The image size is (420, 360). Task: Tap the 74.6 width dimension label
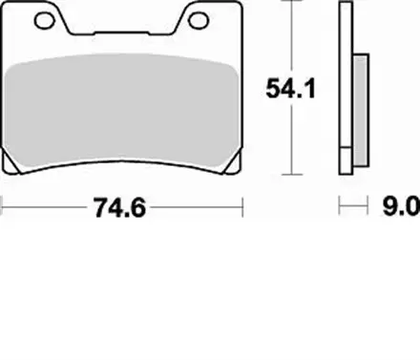(x=124, y=204)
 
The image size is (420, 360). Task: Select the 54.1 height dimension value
(x=289, y=91)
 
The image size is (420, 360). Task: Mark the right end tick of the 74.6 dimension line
(x=244, y=204)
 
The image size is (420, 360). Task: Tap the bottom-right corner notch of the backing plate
(x=235, y=172)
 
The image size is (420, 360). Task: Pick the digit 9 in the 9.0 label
(x=389, y=204)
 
